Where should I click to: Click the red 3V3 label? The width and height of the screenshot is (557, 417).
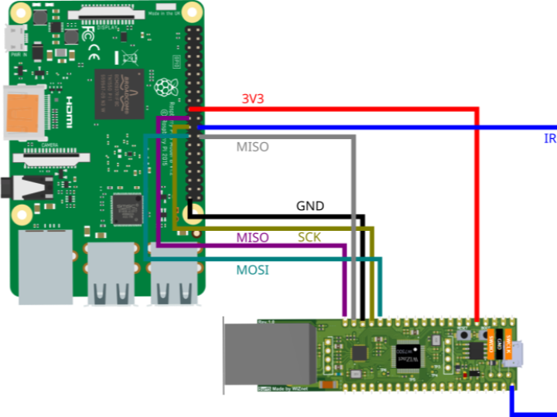pyautogui.click(x=252, y=99)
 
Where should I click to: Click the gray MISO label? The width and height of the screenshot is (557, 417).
pyautogui.click(x=253, y=147)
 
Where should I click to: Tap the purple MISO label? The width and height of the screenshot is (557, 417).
pyautogui.click(x=252, y=238)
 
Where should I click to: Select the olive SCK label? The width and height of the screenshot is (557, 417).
pyautogui.click(x=309, y=237)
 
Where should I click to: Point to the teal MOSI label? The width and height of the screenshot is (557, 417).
pyautogui.click(x=253, y=270)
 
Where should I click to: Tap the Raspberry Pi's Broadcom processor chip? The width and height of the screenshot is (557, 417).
pyautogui.click(x=119, y=93)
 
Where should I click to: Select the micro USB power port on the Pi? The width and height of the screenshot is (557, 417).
pyautogui.click(x=13, y=39)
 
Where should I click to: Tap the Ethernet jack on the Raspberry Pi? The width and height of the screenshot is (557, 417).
pyautogui.click(x=44, y=266)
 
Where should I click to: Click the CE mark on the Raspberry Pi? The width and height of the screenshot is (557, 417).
pyautogui.click(x=94, y=54)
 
